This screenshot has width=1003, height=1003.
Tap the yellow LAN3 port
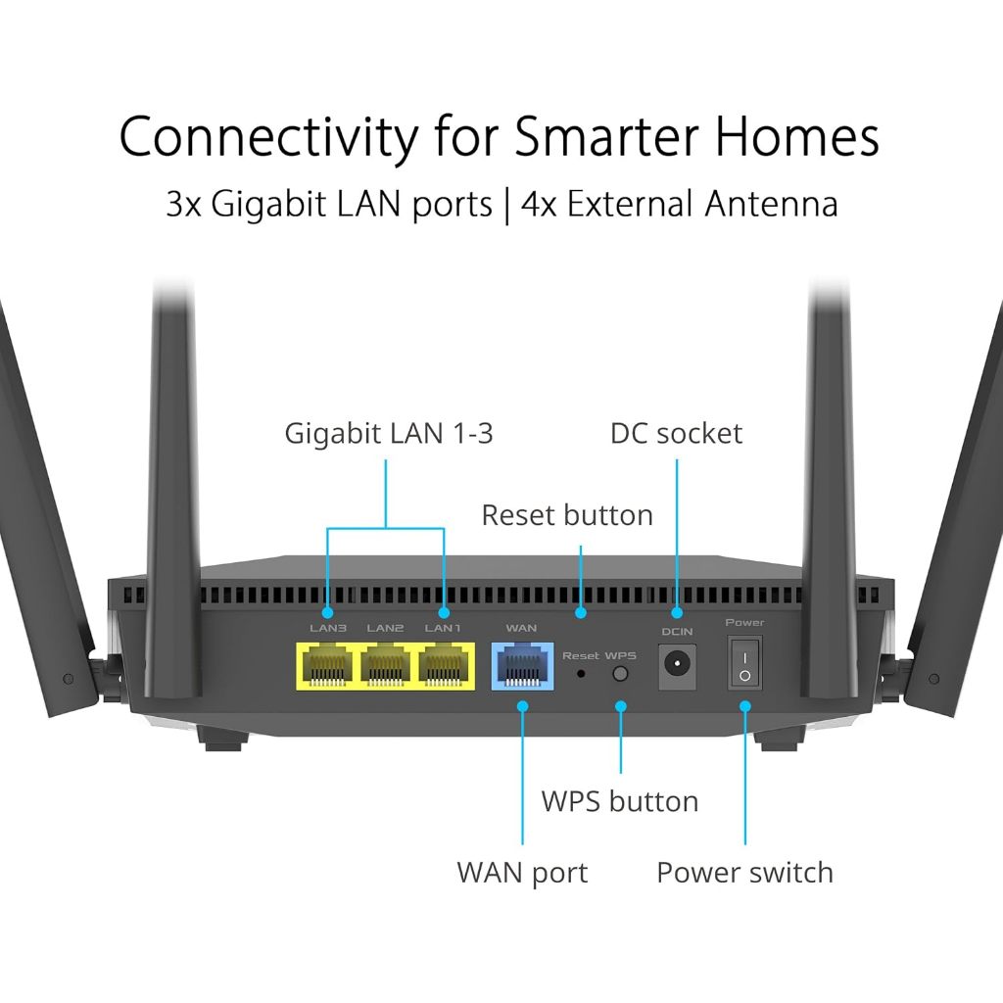[x=328, y=666]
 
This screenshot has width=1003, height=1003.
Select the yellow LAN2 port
[x=386, y=666]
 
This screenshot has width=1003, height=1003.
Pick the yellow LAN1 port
[x=444, y=666]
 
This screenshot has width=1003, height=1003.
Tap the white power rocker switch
[x=744, y=663]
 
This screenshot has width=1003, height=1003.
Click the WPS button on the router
[x=619, y=674]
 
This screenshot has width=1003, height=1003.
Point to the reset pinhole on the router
[x=582, y=674]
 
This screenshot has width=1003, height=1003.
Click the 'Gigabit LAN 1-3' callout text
[x=389, y=433]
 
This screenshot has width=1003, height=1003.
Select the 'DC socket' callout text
[x=676, y=433]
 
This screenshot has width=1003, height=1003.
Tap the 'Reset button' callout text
[x=566, y=515]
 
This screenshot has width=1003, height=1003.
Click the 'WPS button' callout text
[x=620, y=801]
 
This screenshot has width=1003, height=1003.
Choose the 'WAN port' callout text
[x=522, y=873]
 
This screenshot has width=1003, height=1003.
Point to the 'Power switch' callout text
[x=744, y=873]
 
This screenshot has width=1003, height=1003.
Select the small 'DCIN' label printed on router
[x=677, y=632]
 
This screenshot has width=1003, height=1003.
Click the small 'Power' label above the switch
[x=744, y=623]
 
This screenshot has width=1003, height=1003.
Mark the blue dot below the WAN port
[x=522, y=705]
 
